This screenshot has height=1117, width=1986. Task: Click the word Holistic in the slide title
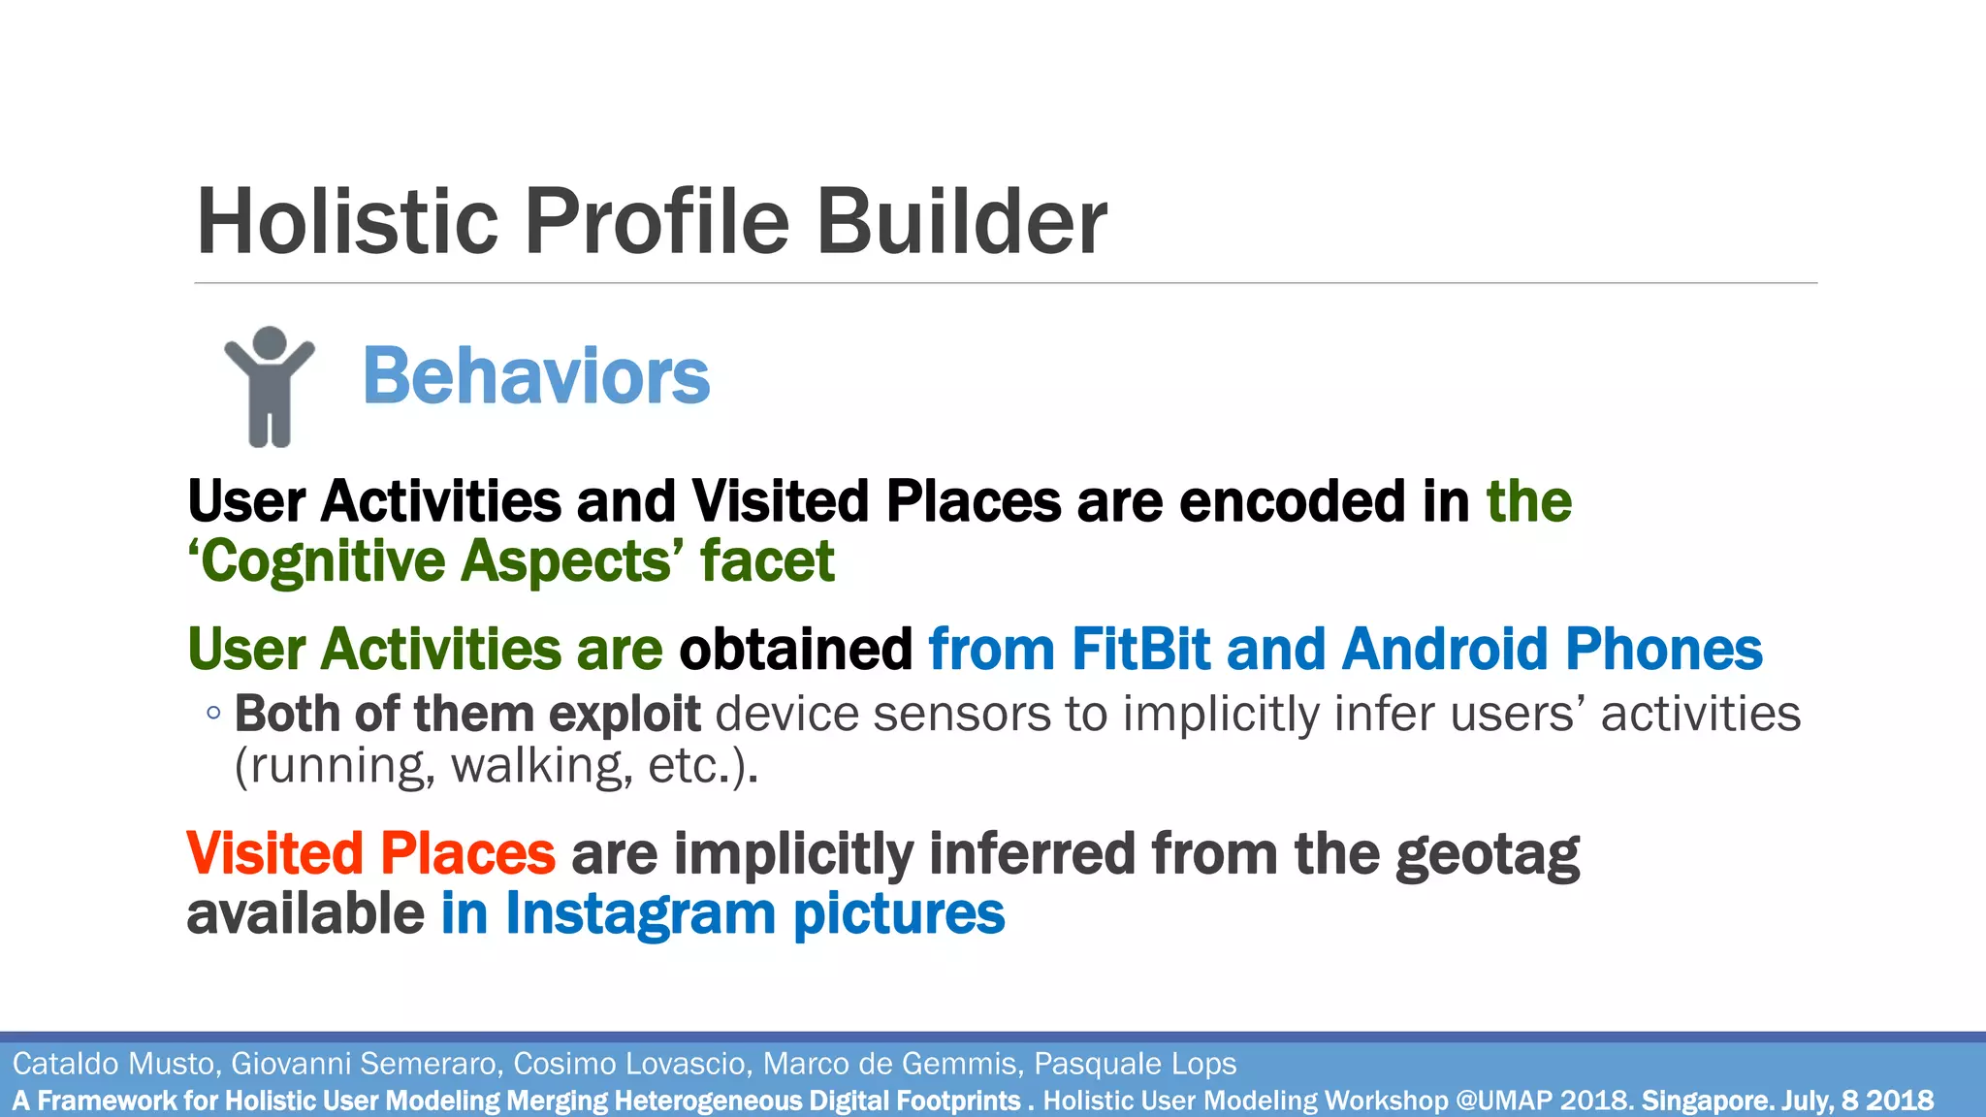[347, 222]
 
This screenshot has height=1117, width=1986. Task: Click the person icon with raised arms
[270, 387]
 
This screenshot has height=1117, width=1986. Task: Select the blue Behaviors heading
[536, 376]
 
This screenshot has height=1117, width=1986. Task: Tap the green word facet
[767, 561]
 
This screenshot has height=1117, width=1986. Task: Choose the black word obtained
[795, 649]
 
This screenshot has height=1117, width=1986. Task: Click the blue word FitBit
[1140, 649]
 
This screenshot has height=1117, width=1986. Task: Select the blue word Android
[1445, 649]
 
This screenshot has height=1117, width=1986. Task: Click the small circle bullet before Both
[213, 714]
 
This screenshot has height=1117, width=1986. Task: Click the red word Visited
[274, 853]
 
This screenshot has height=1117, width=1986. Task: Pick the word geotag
[1488, 855]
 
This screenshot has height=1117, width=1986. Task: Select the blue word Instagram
[640, 914]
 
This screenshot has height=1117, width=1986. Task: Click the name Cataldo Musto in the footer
[115, 1064]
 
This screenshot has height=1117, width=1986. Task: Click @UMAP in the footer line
[1504, 1101]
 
